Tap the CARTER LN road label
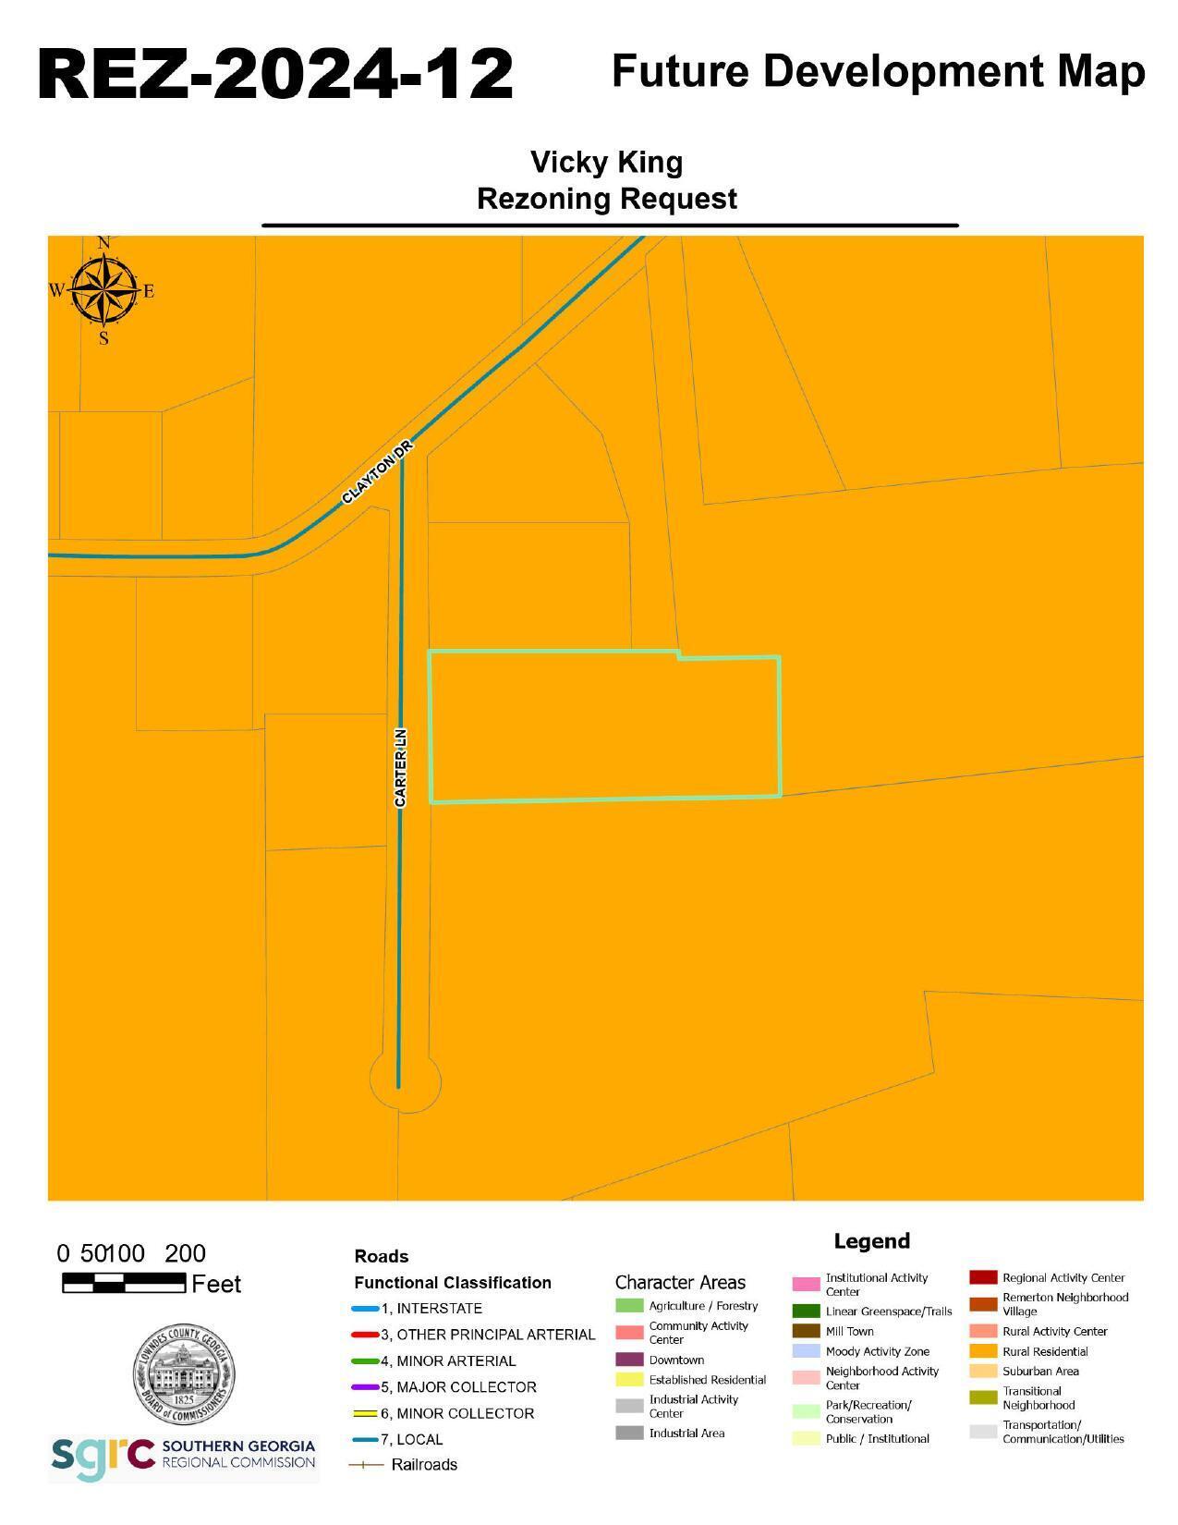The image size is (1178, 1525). point(400,767)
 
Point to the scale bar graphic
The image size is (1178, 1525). point(124,1282)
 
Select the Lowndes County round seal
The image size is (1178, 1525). point(183,1375)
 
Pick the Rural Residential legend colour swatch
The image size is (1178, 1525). point(983,1351)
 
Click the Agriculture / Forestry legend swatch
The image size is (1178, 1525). point(629,1306)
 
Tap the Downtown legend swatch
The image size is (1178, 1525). point(629,1360)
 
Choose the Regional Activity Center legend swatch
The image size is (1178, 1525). point(983,1277)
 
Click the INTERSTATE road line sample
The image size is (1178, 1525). point(366,1309)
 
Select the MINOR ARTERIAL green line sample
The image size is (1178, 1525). point(366,1361)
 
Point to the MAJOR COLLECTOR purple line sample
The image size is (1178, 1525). point(366,1387)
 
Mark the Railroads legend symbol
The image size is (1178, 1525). point(366,1465)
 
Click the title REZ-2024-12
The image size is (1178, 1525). point(275,74)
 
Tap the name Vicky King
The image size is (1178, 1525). point(606,162)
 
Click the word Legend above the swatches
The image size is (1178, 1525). point(871,1241)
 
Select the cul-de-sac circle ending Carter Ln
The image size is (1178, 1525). point(405,1080)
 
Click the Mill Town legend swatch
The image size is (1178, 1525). point(806,1331)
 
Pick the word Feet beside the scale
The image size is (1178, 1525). point(216,1284)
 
